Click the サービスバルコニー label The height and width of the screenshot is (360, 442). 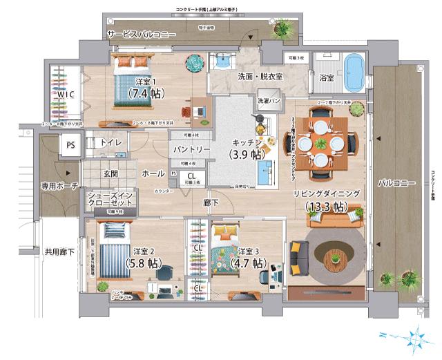pos(141,34)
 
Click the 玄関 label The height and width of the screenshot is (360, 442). pos(111,173)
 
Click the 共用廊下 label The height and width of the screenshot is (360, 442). pos(59,252)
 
